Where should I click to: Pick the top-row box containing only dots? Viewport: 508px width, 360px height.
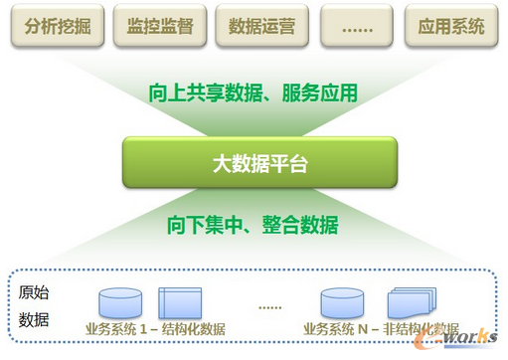tap(354, 25)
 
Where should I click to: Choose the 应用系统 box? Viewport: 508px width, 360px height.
tap(452, 25)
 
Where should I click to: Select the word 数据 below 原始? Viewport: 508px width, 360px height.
tap(35, 320)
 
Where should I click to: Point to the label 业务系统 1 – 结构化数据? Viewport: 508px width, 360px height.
tap(155, 329)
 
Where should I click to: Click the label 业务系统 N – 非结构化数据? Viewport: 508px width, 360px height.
tap(382, 329)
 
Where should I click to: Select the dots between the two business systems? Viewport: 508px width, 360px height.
tap(269, 307)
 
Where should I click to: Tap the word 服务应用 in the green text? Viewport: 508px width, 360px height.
tap(324, 94)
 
